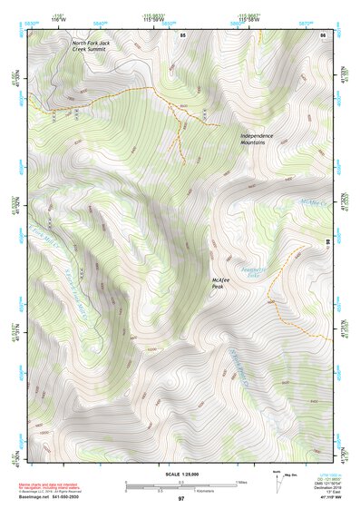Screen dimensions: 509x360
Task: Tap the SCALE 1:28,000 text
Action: tap(180, 474)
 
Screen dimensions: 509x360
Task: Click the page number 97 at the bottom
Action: tap(180, 499)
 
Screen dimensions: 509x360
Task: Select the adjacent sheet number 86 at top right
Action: tap(321, 34)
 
